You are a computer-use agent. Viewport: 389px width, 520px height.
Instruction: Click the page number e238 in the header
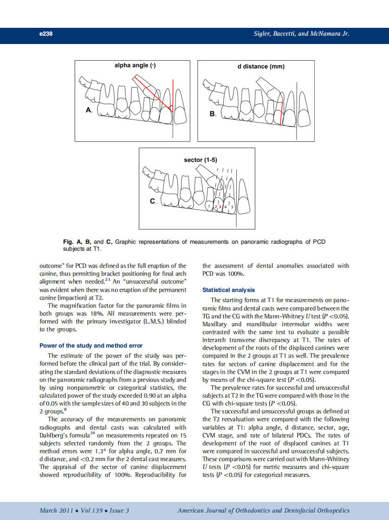coord(45,34)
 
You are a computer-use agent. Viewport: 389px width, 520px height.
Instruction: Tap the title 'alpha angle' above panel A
coord(135,65)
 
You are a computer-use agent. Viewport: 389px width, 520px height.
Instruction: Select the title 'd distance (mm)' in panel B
coord(261,66)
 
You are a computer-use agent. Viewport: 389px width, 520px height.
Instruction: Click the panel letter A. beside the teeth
coord(89,110)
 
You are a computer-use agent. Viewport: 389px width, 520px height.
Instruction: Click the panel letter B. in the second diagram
coord(213,114)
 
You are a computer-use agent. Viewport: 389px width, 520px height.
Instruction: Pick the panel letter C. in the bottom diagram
coord(153,202)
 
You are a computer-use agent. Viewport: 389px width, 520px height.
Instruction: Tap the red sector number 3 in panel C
coord(220,206)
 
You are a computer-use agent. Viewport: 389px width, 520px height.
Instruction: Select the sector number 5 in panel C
coord(232,206)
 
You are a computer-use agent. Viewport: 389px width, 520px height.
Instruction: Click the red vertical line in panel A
coord(173,95)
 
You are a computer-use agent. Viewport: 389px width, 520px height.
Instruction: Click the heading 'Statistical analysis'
coord(228,290)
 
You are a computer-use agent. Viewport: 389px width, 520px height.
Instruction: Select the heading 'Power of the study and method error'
coord(91,345)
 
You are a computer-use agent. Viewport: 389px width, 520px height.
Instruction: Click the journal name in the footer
coord(263,510)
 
